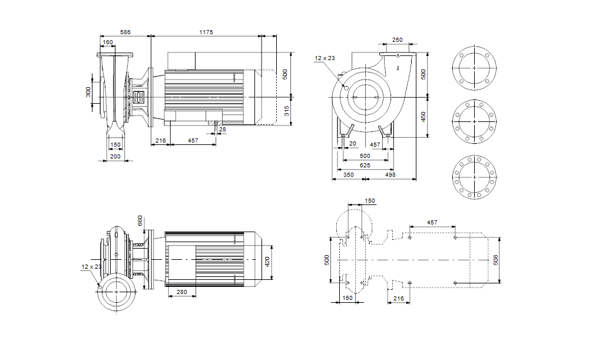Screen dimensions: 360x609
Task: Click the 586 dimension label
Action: (125, 31)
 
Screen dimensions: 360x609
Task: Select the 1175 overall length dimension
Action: (206, 31)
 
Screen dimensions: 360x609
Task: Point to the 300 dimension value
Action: (88, 92)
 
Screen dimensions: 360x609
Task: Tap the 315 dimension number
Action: (287, 111)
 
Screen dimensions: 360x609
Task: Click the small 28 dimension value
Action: (222, 129)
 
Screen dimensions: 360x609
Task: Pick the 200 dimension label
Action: (115, 156)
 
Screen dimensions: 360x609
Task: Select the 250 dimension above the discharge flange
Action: (398, 40)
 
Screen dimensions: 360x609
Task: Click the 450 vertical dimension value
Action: (423, 116)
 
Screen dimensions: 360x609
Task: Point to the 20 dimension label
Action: (353, 144)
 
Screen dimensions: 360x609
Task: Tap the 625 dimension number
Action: (365, 166)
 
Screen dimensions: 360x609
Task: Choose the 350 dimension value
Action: (349, 175)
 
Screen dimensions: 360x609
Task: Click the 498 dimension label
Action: (390, 175)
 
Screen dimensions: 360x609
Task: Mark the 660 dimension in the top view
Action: (140, 220)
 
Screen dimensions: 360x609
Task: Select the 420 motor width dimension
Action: (267, 261)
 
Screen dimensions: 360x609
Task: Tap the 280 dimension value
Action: (182, 292)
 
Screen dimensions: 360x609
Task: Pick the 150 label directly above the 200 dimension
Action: (115, 144)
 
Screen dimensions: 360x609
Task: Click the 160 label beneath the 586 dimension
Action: (108, 42)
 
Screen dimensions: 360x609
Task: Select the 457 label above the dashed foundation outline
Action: (432, 222)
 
